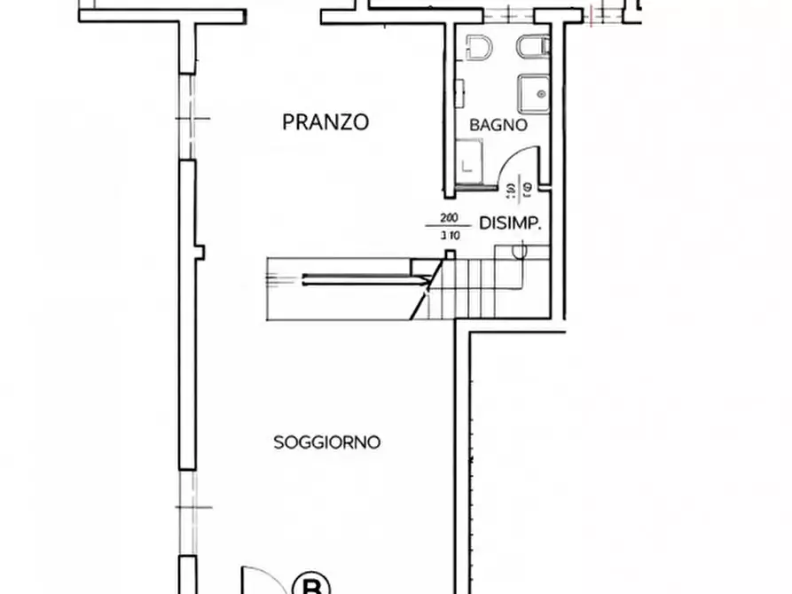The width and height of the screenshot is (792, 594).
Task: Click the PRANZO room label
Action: point(325,122)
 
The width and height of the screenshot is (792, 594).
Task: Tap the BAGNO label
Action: point(498,126)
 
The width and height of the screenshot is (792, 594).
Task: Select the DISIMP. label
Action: point(510,224)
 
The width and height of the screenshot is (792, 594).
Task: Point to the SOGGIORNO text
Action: point(327,442)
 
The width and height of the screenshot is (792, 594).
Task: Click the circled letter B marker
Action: point(311,586)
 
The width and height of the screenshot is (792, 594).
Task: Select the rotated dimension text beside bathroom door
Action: point(517,188)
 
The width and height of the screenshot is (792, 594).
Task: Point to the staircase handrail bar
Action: point(364,281)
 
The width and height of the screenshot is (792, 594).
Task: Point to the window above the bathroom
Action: point(510,14)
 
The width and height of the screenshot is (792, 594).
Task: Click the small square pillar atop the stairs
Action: point(450,255)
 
